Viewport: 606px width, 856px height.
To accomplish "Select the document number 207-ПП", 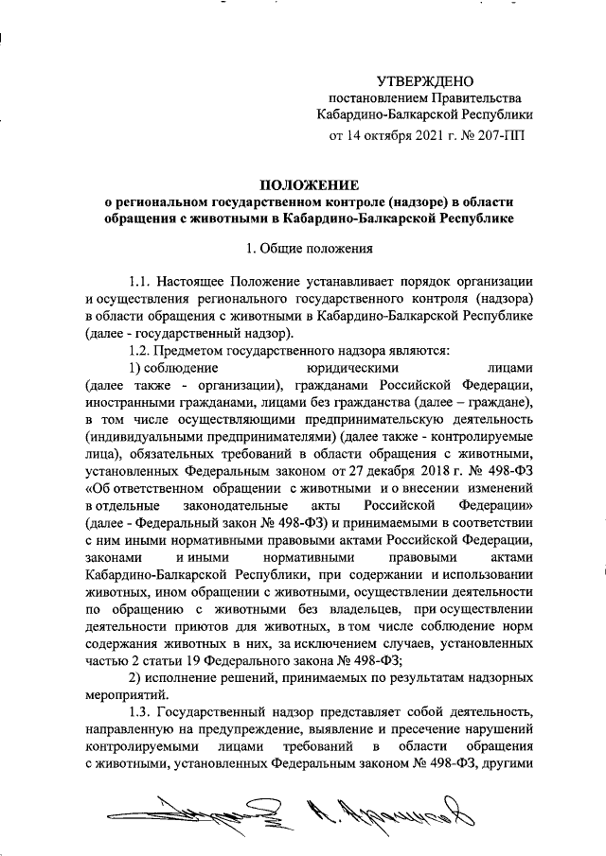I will coord(498,135).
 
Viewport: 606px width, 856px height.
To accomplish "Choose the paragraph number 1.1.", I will coord(141,281).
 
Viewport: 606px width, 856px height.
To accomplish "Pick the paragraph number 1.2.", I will coord(141,349).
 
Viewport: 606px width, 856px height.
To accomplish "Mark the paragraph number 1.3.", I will coord(141,711).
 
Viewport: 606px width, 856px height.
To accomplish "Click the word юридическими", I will coord(352,367).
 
